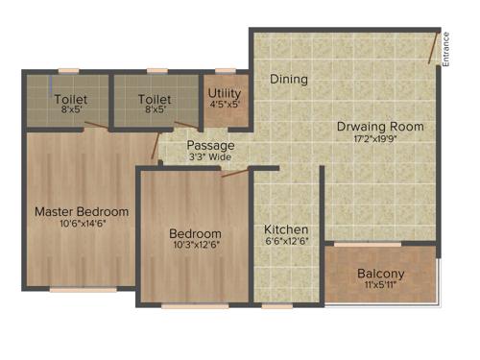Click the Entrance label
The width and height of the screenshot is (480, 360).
pyautogui.click(x=446, y=50)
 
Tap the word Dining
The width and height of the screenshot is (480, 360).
pyautogui.click(x=288, y=80)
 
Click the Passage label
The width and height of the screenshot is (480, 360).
pyautogui.click(x=210, y=146)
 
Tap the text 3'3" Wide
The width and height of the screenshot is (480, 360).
pyautogui.click(x=210, y=157)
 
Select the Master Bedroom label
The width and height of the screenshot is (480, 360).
pyautogui.click(x=82, y=211)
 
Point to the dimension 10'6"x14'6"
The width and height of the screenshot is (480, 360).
pyautogui.click(x=82, y=225)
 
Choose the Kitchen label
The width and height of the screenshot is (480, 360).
pyautogui.click(x=287, y=230)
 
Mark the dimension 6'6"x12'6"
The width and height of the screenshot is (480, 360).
pyautogui.click(x=287, y=243)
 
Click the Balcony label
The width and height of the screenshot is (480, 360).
pyautogui.click(x=381, y=274)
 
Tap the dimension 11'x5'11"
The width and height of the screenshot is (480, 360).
pyautogui.click(x=381, y=286)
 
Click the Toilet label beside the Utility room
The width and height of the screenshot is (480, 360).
pyautogui.click(x=155, y=99)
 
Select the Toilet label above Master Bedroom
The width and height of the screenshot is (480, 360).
pyautogui.click(x=69, y=99)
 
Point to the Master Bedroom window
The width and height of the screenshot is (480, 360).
pyautogui.click(x=83, y=289)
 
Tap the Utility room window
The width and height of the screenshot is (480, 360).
pyautogui.click(x=226, y=70)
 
